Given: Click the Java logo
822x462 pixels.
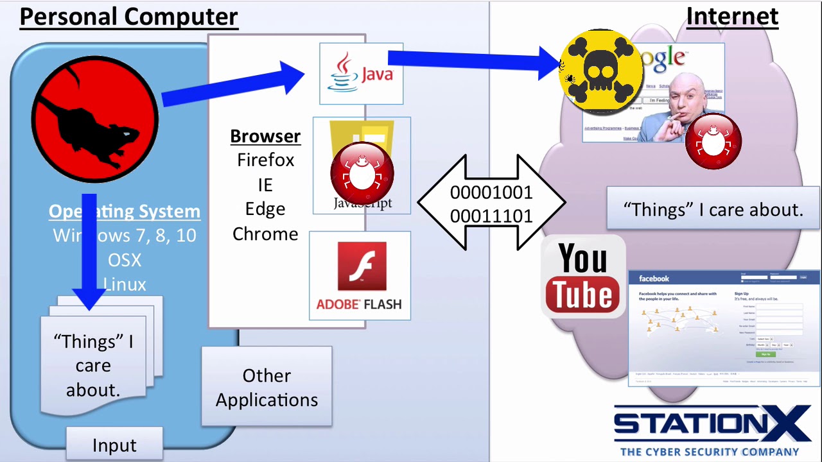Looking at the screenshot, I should click(361, 74).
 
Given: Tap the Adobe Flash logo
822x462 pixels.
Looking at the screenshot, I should click(360, 275).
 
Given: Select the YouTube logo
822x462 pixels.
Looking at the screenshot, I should click(583, 277).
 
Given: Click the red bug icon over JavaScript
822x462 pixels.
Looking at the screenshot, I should click(362, 171).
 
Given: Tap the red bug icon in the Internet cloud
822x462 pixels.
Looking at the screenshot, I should click(713, 141).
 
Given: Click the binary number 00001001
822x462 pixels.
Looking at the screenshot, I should click(491, 193).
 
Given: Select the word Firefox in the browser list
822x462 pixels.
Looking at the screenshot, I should click(265, 160).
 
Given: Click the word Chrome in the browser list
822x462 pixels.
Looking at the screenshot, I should click(265, 234).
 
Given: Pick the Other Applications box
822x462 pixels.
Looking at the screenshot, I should click(267, 387).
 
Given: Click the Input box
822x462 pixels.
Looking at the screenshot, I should click(114, 445).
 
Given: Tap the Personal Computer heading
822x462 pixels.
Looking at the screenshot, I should click(128, 17).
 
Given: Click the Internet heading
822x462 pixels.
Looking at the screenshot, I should click(732, 17).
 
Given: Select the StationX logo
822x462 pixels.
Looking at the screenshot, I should click(712, 429).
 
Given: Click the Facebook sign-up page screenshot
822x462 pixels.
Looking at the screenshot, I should click(724, 328).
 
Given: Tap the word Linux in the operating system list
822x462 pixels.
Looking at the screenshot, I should click(125, 284).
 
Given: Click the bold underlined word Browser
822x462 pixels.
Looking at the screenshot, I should click(265, 136).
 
